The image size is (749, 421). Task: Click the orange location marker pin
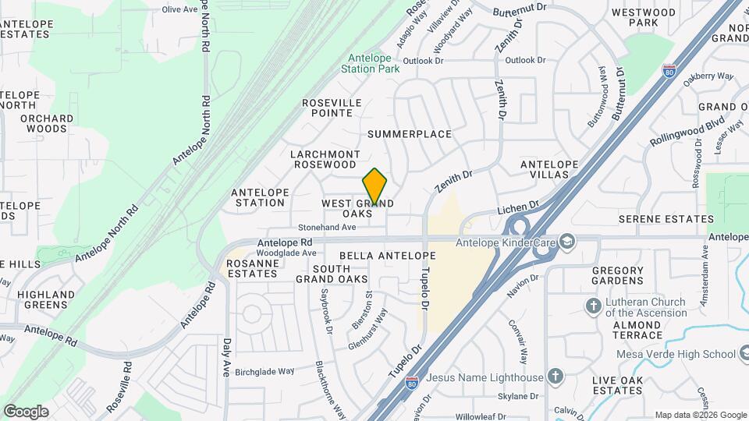click(x=375, y=187)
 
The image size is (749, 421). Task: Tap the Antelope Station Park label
click(x=370, y=62)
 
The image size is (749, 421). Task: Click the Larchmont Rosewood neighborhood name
click(x=325, y=159)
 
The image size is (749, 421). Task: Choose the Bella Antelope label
click(x=387, y=256)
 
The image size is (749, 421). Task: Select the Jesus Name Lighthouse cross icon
click(x=555, y=377)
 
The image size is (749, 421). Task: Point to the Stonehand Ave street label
click(x=328, y=227)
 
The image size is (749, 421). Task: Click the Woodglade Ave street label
click(x=286, y=253)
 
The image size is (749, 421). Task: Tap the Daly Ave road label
click(x=227, y=354)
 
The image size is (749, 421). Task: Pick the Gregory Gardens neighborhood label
click(x=617, y=276)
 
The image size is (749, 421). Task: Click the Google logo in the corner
click(x=26, y=411)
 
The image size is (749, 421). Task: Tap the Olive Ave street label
click(x=180, y=9)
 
